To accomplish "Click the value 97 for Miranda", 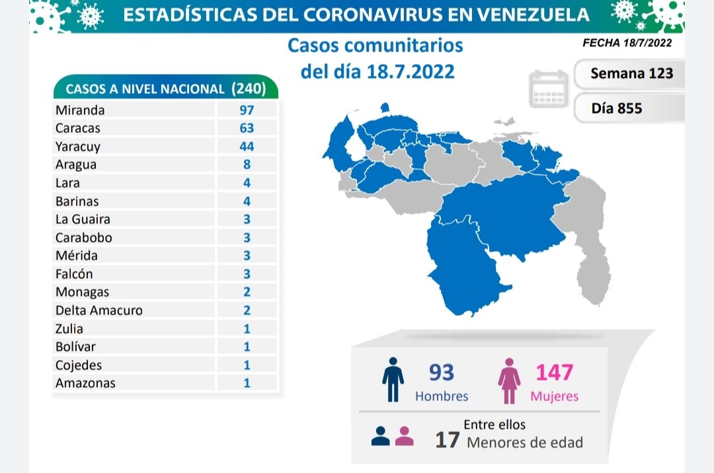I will tap(247, 110).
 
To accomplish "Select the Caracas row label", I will tap(78, 128).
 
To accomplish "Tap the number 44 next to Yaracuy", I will tap(247, 147).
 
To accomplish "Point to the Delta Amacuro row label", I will tap(99, 310).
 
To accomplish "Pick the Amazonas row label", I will tap(85, 382).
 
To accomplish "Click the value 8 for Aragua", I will tap(247, 164).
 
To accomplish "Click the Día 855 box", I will tap(616, 108).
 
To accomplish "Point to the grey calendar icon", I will tap(549, 89).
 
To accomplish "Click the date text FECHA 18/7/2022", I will tap(629, 42).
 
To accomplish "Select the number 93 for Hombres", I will tap(441, 373).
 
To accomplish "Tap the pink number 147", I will tap(554, 373).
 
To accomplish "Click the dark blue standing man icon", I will tap(393, 380).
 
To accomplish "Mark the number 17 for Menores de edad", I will tap(447, 439).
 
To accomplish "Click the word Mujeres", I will tap(554, 396).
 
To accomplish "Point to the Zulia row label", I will tap(70, 328).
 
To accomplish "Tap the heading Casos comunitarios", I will tap(376, 46).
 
